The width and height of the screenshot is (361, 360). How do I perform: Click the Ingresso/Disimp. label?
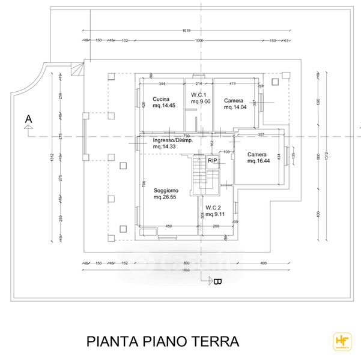pos(172,143)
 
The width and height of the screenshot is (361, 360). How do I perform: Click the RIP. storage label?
pos(213,161)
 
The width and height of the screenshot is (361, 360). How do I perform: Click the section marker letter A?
pos(28,120)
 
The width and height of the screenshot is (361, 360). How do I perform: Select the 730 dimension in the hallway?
pos(187,136)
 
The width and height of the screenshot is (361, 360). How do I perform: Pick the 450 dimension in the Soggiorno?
pos(169,226)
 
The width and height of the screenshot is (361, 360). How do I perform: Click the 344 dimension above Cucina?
pos(161,83)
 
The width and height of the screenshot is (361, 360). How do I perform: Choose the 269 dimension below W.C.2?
pos(216,226)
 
